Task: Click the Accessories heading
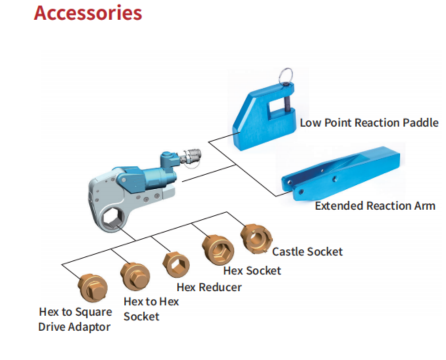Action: click(x=88, y=13)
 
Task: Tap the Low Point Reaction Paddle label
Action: click(x=369, y=122)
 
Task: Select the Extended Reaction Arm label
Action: click(x=375, y=205)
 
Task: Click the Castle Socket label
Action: click(x=307, y=251)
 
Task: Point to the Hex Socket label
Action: click(x=252, y=270)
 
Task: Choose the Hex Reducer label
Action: click(x=209, y=287)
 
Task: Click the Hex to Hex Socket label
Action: click(x=150, y=308)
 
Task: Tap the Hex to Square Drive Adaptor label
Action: click(x=75, y=319)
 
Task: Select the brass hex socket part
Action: click(x=217, y=248)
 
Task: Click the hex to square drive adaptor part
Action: click(x=92, y=288)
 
